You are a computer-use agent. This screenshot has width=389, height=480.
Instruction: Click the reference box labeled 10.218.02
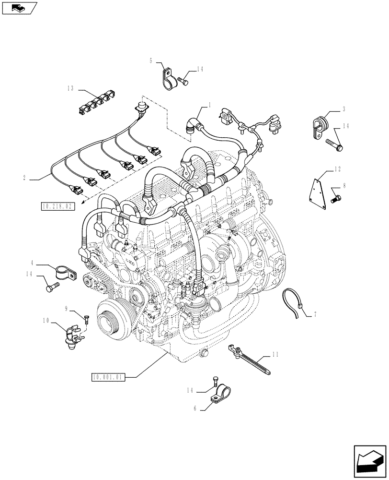(58, 206)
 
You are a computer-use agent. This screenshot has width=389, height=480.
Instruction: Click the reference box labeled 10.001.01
(108, 377)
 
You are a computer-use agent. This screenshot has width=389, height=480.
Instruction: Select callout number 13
(71, 88)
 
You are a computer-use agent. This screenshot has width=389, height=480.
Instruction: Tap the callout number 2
(24, 179)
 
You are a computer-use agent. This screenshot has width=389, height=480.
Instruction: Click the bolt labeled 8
(336, 197)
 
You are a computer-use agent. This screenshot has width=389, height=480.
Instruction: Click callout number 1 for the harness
(209, 105)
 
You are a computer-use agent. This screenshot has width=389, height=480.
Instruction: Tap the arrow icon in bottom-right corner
(369, 461)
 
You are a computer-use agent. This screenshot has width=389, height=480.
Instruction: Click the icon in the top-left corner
(19, 8)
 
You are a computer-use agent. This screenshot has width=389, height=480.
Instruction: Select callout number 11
(275, 355)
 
